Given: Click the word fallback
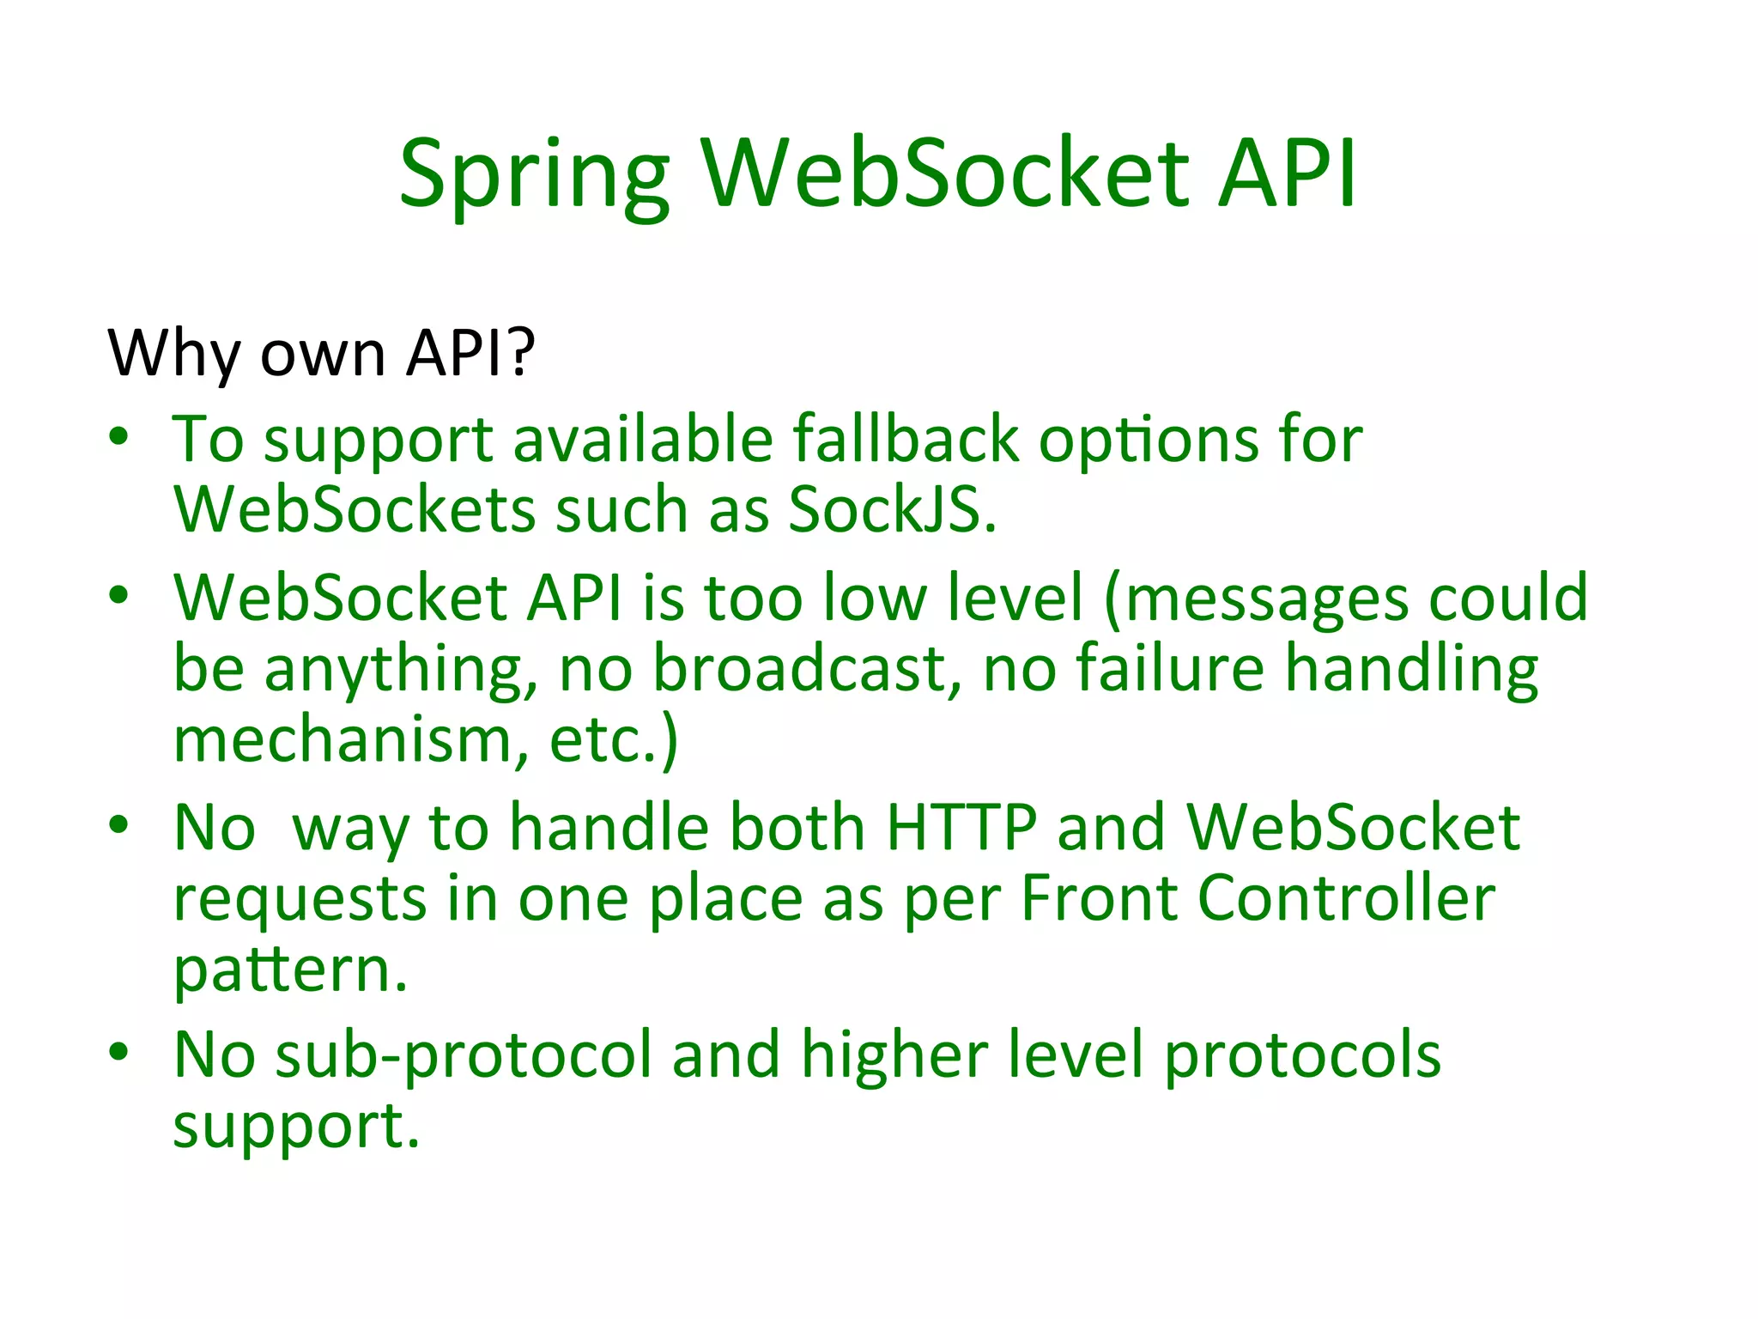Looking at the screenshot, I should click(905, 440).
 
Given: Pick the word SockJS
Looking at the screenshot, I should click(892, 510).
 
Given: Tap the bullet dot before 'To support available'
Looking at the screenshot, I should click(119, 435).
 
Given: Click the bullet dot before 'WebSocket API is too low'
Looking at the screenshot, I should click(119, 593).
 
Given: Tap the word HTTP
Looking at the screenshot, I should click(961, 828).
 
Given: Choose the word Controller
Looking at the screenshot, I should click(1346, 898).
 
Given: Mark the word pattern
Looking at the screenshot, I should click(290, 970).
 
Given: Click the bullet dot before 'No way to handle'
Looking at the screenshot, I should click(119, 824).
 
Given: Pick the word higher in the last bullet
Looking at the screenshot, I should click(894, 1055).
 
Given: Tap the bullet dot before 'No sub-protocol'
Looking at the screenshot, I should click(119, 1050).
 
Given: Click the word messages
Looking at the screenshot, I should click(1266, 599).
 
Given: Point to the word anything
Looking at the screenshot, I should click(401, 670).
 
